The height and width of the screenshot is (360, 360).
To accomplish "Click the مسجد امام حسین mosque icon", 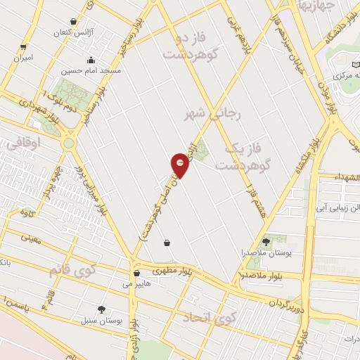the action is [89, 60].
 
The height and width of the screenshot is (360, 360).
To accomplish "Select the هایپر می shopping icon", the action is [136, 274].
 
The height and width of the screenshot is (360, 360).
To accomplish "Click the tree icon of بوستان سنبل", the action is [101, 309].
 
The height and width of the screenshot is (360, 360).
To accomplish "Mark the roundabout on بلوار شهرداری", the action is [69, 143].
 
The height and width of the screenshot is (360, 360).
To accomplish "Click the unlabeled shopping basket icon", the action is [167, 243].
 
